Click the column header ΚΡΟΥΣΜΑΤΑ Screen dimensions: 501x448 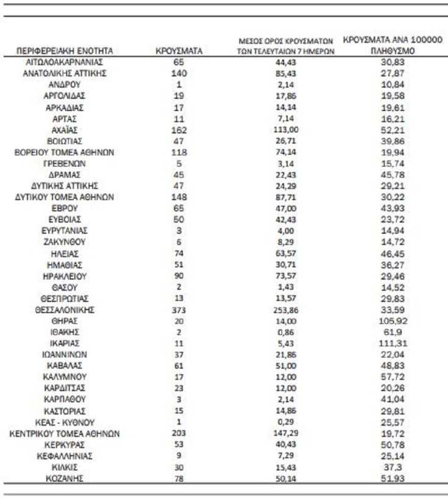(179, 51)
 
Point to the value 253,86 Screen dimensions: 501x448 (287, 309)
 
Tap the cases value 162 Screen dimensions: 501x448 (179, 130)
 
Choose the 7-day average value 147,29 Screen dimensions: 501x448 (287, 434)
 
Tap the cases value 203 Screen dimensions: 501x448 (179, 434)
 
